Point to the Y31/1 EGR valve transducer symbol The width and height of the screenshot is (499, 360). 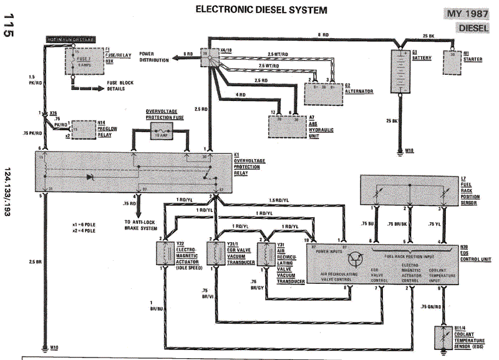216,255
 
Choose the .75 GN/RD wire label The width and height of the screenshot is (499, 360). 429,306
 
